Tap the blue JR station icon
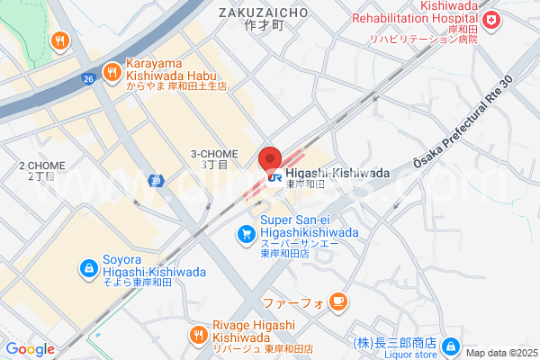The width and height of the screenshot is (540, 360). tap(274, 177)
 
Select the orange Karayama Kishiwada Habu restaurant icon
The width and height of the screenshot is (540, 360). tap(111, 70)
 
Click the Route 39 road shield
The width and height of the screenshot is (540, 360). tap(156, 179)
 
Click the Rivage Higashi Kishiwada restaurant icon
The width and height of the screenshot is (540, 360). tap(199, 335)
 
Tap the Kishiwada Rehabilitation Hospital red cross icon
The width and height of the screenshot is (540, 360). tap(491, 20)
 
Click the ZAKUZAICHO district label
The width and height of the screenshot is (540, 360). tap(263, 13)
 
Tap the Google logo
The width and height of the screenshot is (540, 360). tap(30, 349)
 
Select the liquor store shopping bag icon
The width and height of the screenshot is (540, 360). tap(451, 346)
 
